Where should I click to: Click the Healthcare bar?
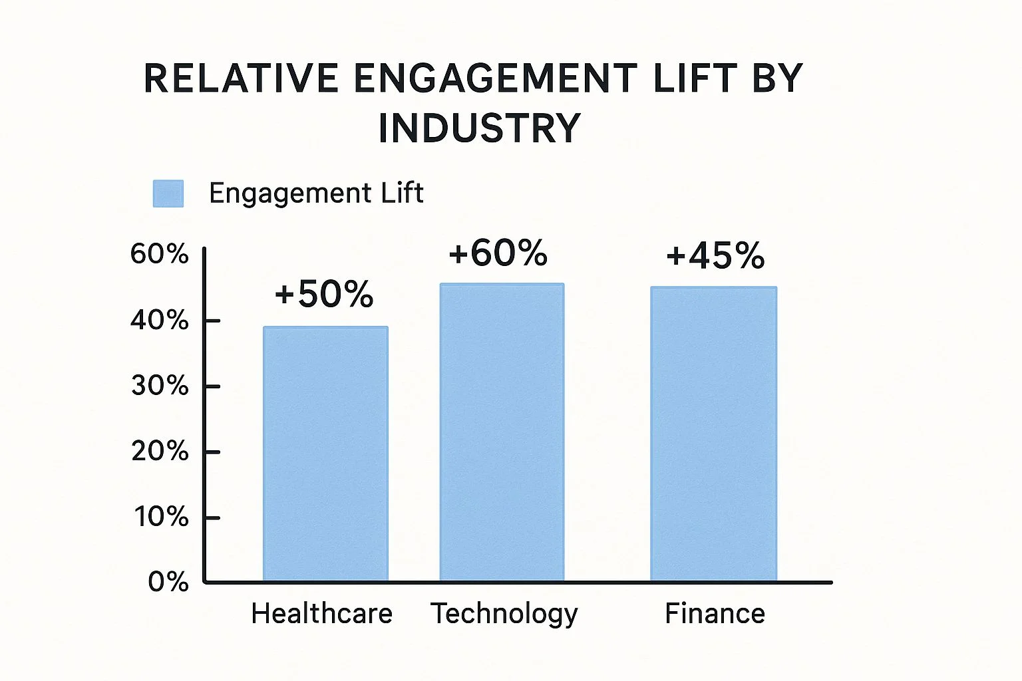point(325,454)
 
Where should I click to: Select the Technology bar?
point(502,432)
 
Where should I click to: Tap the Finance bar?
point(713,434)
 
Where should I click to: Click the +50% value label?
point(324,294)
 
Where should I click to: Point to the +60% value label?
point(498,253)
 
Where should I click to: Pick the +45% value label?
point(715,256)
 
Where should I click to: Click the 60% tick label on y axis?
point(160,254)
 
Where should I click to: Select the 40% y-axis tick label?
point(160,321)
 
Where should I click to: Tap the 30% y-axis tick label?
point(160,386)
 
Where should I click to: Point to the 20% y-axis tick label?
point(160,452)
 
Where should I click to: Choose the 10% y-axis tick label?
point(161,517)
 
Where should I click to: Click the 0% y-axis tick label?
point(168,582)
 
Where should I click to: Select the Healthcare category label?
point(321,613)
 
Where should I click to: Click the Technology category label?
point(504,614)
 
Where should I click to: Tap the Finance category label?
point(715,613)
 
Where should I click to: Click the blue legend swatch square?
point(168,194)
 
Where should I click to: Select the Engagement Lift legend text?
point(316,194)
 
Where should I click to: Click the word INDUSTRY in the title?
point(479,128)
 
